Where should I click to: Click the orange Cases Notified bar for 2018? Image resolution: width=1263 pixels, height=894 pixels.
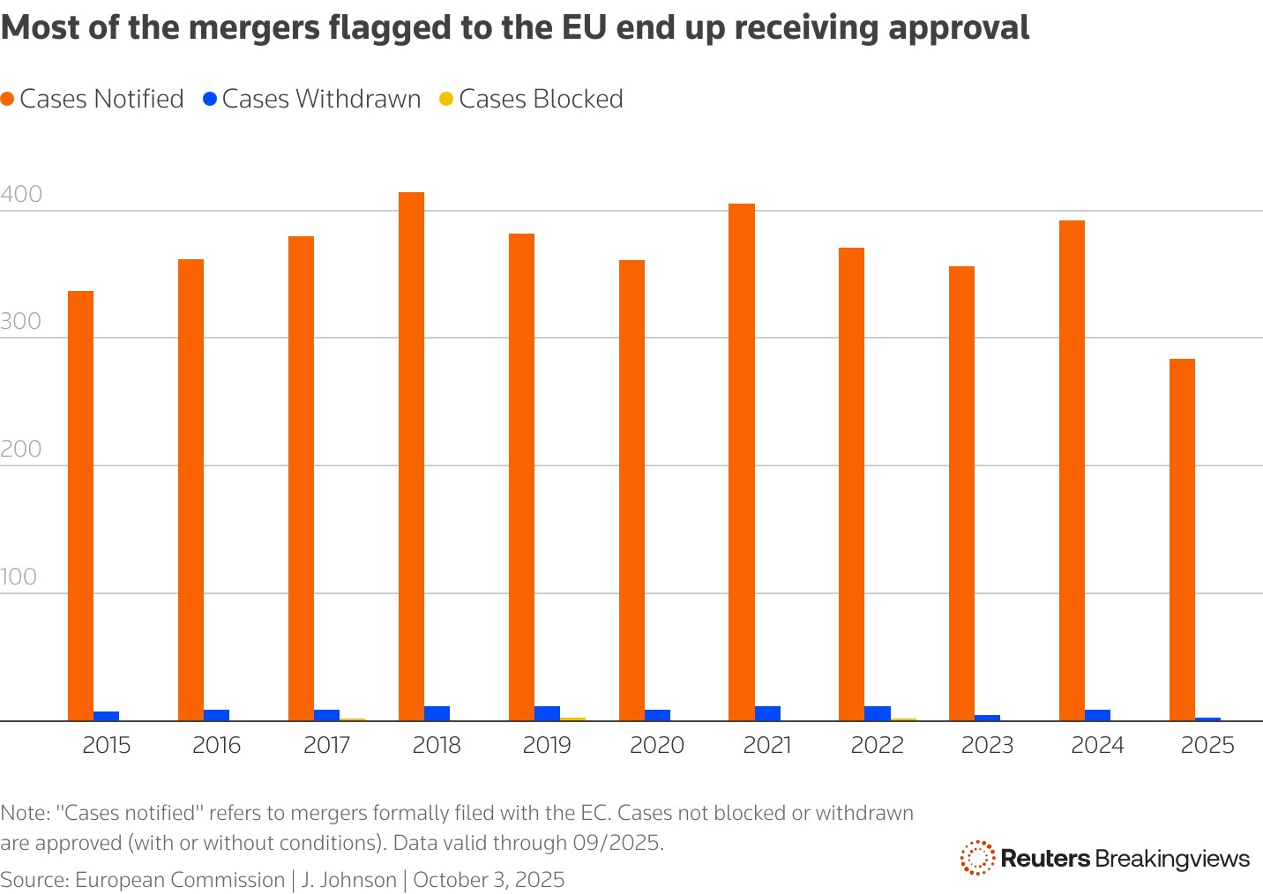(x=411, y=456)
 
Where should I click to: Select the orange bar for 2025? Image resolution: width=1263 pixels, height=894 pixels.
(x=1182, y=540)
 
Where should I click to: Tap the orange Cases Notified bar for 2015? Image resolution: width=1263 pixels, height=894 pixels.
(x=80, y=505)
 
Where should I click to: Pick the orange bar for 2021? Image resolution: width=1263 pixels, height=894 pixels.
(x=742, y=462)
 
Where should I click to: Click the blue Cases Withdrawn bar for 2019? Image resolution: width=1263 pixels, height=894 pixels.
(x=547, y=713)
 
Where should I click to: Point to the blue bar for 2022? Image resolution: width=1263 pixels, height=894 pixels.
(x=878, y=713)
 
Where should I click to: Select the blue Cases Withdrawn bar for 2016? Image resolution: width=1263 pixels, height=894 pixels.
(x=217, y=715)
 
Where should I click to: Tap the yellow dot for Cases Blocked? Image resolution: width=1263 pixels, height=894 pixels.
(x=446, y=99)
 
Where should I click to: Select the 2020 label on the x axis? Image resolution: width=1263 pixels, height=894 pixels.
(x=657, y=746)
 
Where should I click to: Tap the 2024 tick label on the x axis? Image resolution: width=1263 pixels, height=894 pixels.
(x=1097, y=746)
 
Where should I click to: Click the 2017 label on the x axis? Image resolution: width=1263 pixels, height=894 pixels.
(x=327, y=746)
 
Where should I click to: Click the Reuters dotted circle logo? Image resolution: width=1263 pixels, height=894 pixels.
(x=976, y=858)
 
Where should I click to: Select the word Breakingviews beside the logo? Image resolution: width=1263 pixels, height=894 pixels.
(x=1172, y=859)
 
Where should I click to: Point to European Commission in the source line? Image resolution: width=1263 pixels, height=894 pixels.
(x=179, y=880)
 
